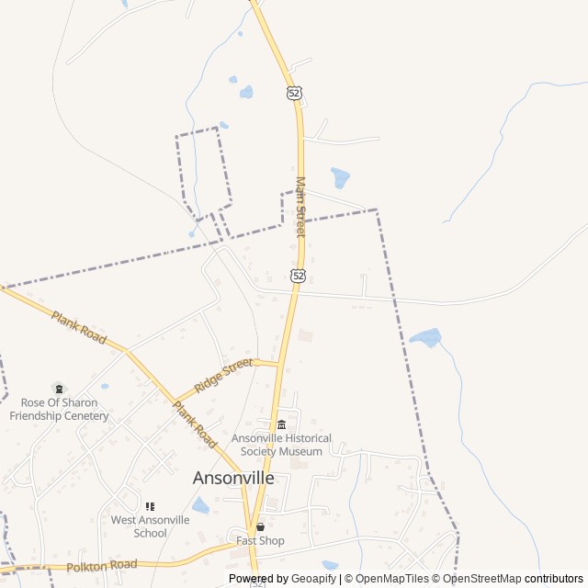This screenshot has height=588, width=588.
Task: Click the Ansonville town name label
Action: point(233,478)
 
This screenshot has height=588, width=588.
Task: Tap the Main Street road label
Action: point(300,208)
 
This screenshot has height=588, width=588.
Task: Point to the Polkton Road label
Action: point(102,565)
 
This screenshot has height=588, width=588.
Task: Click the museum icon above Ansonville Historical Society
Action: point(281,424)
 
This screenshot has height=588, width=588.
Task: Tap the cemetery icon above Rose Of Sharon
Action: point(59,389)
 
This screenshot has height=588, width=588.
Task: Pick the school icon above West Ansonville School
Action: point(150,506)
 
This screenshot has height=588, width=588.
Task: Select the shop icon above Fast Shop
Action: point(260,527)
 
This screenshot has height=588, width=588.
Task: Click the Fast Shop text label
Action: point(260,540)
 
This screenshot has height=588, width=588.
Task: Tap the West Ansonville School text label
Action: point(151,526)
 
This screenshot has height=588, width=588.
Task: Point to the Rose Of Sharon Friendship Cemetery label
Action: point(59,409)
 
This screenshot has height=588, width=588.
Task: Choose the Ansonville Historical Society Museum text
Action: point(281,445)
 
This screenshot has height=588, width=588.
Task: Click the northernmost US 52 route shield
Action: point(294,93)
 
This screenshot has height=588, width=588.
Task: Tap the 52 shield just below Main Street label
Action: point(298,275)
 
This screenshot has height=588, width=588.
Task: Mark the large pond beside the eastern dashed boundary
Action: point(425,337)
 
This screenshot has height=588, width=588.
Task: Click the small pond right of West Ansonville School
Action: point(200,505)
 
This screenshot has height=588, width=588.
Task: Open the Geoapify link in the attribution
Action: point(314,579)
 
